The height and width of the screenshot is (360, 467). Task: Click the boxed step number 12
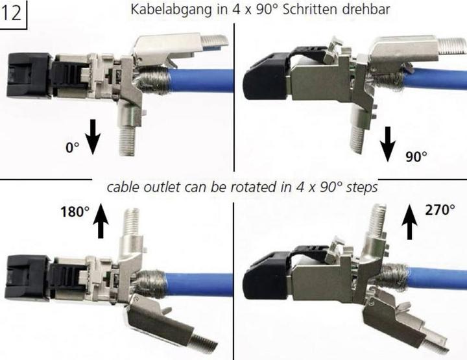[13, 14]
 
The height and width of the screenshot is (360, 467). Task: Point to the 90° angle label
[415, 156]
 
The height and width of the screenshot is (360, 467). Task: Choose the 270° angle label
[440, 210]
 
